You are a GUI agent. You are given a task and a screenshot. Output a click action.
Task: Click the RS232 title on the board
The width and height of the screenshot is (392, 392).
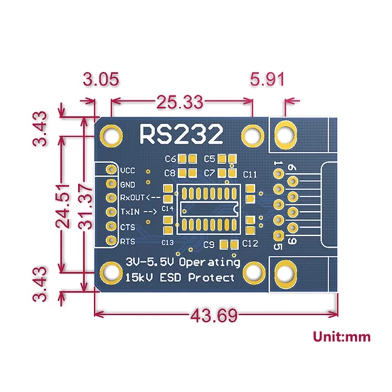(181, 134)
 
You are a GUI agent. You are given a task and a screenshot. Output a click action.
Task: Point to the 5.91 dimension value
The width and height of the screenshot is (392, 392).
(267, 80)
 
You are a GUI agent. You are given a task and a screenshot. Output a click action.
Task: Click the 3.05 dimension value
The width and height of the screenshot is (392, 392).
(101, 80)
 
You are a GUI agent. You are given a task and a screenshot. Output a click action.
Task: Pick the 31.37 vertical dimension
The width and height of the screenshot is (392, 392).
(87, 204)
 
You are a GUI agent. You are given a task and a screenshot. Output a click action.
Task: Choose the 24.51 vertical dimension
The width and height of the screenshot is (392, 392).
(63, 204)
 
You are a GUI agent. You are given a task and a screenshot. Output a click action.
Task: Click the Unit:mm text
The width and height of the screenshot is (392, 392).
(341, 336)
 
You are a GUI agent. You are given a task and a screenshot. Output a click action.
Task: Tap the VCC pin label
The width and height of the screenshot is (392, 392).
(128, 171)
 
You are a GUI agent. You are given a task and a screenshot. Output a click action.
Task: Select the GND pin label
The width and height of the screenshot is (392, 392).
(128, 185)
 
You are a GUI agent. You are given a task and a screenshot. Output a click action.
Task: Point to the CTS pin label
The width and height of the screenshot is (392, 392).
(127, 227)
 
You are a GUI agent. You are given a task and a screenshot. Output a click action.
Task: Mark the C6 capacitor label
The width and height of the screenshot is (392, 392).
(171, 159)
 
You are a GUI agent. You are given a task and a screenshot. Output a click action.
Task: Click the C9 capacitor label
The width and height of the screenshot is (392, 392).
(209, 245)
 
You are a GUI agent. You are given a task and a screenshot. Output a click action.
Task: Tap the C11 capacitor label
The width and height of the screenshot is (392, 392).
(250, 174)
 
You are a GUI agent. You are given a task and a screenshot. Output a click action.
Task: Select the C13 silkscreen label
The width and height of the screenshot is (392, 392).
(167, 243)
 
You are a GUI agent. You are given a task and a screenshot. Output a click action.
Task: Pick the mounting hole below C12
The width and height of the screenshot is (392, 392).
(254, 272)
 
